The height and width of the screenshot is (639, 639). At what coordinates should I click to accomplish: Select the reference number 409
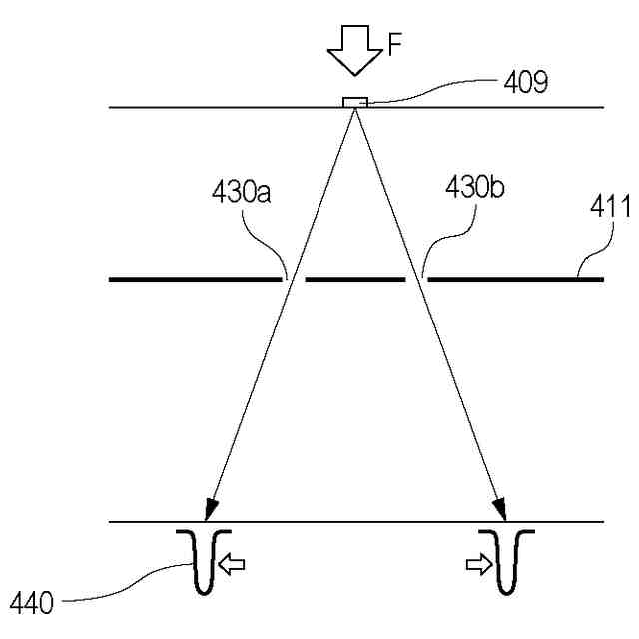(525, 82)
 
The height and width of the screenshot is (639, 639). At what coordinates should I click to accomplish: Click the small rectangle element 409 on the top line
(355, 102)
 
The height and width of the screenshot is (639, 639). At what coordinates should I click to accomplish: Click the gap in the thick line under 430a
(293, 279)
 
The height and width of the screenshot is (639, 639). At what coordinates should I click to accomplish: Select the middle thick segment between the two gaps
(354, 279)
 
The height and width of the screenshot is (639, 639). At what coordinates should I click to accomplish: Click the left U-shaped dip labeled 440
(204, 564)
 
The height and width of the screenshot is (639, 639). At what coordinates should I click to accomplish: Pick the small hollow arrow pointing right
(478, 566)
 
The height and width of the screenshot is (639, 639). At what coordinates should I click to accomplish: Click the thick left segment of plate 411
(195, 279)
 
